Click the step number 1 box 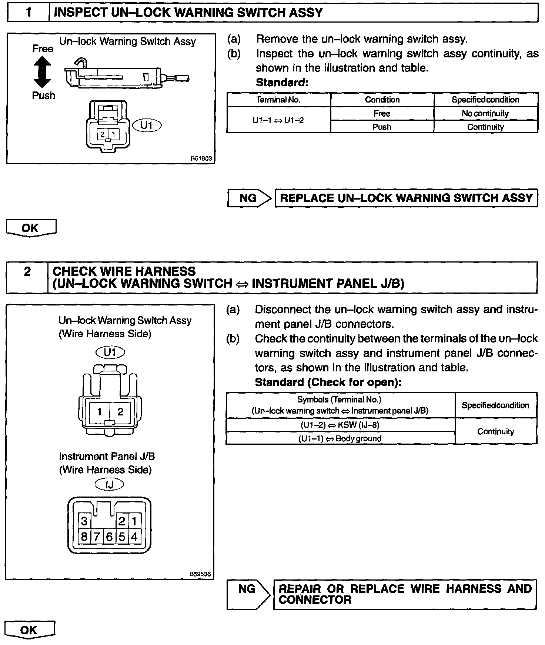click(x=28, y=13)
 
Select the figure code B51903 click(x=201, y=158)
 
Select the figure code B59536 click(x=200, y=574)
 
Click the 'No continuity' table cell click(x=485, y=114)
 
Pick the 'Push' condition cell click(x=382, y=127)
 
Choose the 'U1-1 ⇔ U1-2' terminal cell click(x=278, y=120)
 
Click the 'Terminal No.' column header click(x=278, y=100)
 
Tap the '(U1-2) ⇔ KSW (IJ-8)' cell click(x=340, y=425)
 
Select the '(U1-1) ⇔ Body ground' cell click(x=340, y=439)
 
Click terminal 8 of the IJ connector click(x=84, y=537)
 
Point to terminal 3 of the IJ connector click(x=84, y=521)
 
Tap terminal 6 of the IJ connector click(x=109, y=537)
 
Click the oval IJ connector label click(x=109, y=484)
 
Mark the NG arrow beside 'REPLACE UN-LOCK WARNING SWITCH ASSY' click(x=249, y=198)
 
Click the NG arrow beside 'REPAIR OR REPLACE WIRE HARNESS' click(x=248, y=594)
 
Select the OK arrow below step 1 click(x=31, y=228)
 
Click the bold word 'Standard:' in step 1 click(x=282, y=82)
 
